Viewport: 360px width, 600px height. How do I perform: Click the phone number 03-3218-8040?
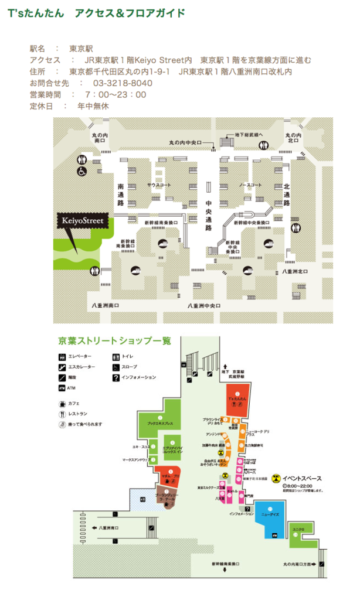(x=123, y=83)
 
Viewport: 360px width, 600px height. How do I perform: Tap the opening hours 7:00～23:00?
(x=116, y=95)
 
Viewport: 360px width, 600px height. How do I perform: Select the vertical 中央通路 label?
(x=208, y=215)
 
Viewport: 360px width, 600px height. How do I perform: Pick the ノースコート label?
(x=250, y=185)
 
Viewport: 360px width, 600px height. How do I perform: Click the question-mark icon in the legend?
(x=116, y=377)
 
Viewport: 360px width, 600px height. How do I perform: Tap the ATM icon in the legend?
(x=62, y=388)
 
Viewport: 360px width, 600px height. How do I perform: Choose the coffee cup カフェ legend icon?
(x=62, y=404)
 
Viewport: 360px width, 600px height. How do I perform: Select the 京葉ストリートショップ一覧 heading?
(x=115, y=340)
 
